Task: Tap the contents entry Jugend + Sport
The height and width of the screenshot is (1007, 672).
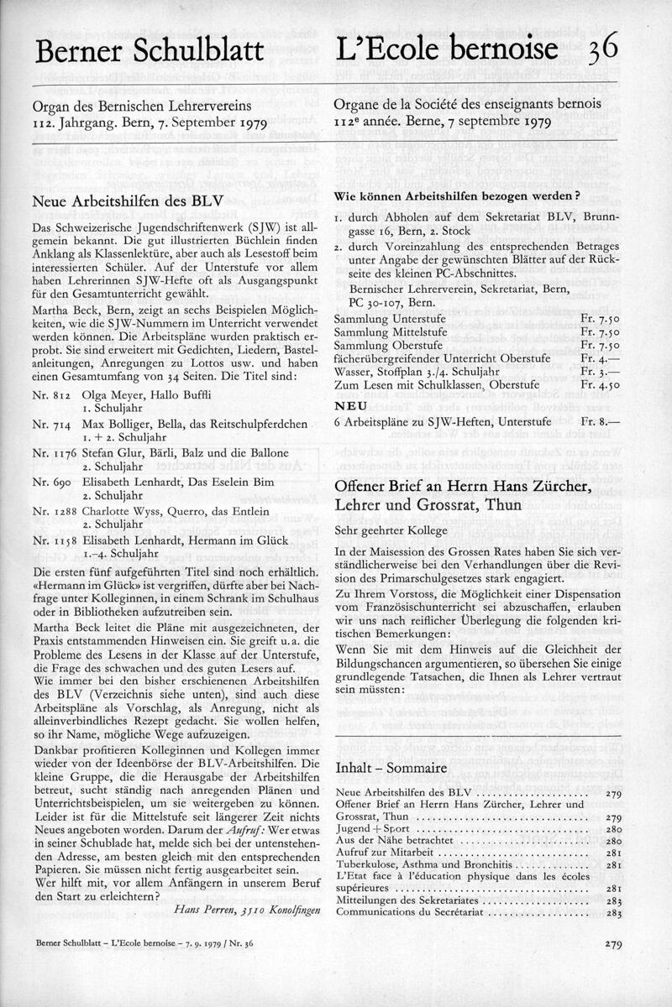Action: coord(366,827)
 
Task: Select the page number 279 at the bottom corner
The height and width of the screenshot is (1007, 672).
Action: coord(612,944)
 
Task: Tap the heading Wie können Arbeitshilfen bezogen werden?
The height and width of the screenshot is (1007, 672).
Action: coord(458,196)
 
